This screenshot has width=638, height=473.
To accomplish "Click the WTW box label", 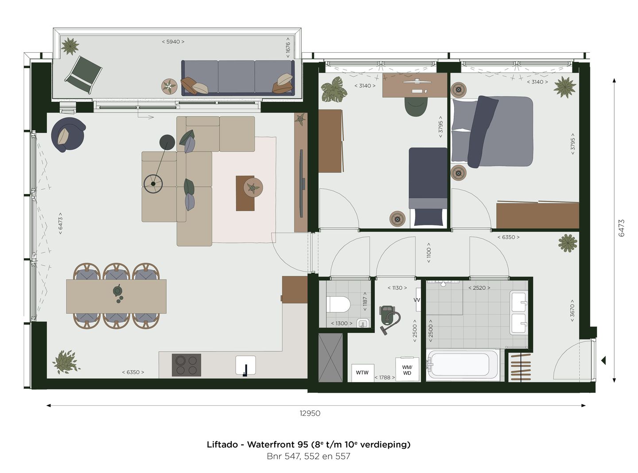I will tap(362, 372).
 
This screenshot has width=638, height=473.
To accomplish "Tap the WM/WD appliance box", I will tap(407, 370).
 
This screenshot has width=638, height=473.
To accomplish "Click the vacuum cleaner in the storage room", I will tap(389, 318).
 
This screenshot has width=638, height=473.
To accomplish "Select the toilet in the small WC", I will tap(338, 305).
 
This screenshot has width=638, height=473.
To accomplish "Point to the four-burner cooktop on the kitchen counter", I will tap(186, 365).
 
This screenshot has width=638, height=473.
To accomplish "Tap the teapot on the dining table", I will tap(117, 291).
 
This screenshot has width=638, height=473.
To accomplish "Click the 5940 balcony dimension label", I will tap(173, 42).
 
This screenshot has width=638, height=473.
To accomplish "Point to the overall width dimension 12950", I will tap(310, 413).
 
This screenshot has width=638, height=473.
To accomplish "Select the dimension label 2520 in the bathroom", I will tap(479, 287).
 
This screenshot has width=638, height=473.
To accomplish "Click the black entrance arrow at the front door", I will tap(604, 361).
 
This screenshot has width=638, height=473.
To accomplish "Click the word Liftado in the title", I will tap(222, 444).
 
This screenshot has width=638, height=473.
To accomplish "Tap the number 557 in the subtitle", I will tap(343, 456).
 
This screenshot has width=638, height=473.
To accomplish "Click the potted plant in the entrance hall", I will tap(568, 243).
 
